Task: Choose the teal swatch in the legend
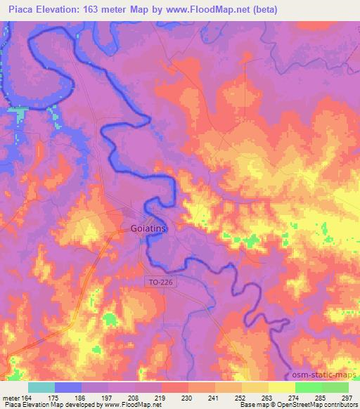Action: click(41, 387)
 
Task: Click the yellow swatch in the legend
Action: click(281, 387)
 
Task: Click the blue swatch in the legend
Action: click(68, 387)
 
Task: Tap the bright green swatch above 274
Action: click(308, 387)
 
